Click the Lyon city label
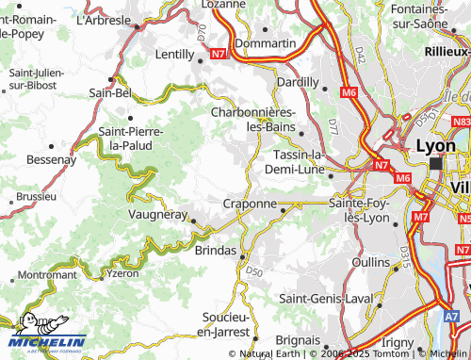click(436, 146)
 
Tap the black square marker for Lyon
click(435, 163)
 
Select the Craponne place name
click(250, 203)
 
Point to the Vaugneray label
click(159, 214)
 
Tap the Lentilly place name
click(174, 56)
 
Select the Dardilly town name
click(298, 82)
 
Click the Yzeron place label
click(123, 273)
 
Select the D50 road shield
click(253, 271)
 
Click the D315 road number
click(403, 256)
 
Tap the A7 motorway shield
click(453, 318)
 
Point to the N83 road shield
click(461, 122)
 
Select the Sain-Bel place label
click(109, 92)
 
